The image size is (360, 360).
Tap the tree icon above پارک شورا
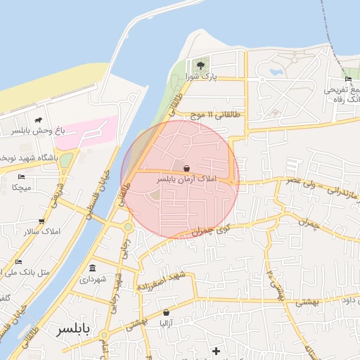coord(201,65)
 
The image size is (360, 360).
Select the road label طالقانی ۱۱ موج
coord(210,114)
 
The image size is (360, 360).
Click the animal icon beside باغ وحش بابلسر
coord(38,121)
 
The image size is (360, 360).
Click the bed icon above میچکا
coord(21,177)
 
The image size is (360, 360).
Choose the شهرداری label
coord(93,279)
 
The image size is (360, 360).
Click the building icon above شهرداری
coord(93,268)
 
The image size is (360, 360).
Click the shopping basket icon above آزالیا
coord(166,312)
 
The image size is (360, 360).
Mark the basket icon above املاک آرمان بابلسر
coord(186,169)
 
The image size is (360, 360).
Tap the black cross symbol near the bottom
coord(216,350)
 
